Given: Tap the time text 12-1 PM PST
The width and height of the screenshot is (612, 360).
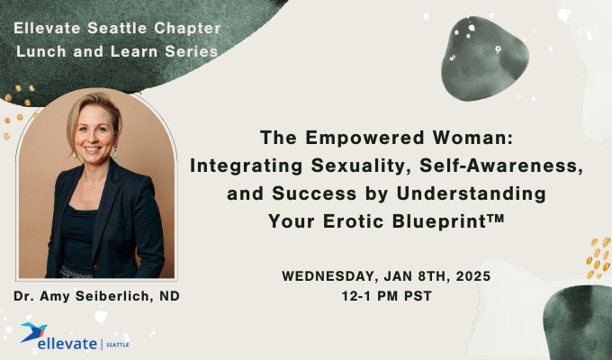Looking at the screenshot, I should (388, 296).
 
